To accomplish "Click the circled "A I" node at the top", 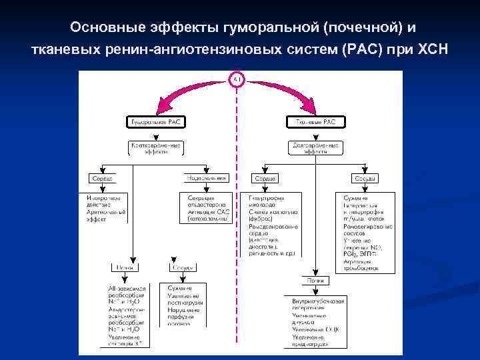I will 238,80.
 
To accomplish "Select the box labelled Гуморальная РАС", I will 157,121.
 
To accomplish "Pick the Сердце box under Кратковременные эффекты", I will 101,178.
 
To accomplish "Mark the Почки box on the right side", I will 316,281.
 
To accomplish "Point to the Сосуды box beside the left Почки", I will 183,268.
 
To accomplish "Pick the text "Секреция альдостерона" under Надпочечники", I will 207,202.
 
